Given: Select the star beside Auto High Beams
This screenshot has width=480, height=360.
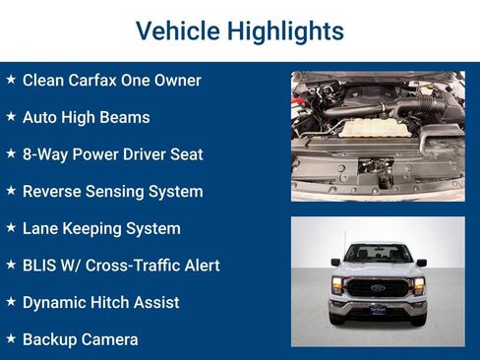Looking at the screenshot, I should coord(11,116).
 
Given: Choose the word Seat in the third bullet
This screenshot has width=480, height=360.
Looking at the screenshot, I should coord(184,154).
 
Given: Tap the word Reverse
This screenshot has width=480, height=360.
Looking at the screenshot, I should coord(51,192).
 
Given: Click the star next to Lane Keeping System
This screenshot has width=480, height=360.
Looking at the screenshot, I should coord(11,227).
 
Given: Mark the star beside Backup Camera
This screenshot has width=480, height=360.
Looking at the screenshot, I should coord(11,338).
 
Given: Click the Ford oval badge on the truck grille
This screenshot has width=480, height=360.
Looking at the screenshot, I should coord(378,288).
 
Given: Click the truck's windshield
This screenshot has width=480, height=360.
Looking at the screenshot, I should coord(378,255).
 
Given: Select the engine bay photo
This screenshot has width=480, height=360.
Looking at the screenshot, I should coord(378,135).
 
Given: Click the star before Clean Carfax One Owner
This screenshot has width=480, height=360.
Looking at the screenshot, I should coord(11,79).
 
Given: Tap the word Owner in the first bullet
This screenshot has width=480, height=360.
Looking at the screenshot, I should coord(177,80).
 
